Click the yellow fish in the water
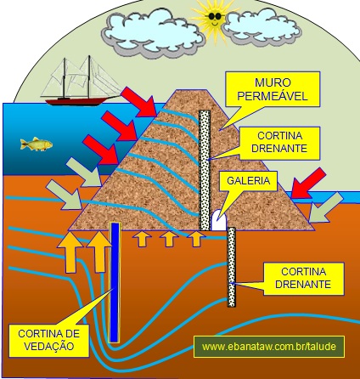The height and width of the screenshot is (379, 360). pos(37,144)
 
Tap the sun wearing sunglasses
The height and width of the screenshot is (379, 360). pos(215,20)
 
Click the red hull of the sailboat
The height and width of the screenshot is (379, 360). pos(76,101)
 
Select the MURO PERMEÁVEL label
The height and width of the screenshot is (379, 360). pos(273,89)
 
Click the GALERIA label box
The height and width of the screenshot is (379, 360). pos(249,181)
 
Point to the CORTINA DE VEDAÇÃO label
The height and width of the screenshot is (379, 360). pos(48,340)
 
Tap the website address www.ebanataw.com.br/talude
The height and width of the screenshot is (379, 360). pos(269,347)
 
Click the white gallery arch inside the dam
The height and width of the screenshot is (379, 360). pos(219,220)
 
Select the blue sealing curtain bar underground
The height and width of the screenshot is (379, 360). pos(115,282)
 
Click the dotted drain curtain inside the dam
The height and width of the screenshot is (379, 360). pos(205,170)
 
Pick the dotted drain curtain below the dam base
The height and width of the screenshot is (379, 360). pos(232,267)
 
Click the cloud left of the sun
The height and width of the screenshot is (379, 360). pos(153,32)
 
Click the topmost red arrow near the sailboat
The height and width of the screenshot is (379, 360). pos(139,102)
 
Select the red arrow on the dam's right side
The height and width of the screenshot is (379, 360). pos(307,184)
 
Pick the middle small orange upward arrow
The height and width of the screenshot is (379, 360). pos(169,239)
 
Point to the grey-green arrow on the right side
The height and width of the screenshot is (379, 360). pos(326,207)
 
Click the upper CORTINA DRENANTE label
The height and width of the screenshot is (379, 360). pos(279,143)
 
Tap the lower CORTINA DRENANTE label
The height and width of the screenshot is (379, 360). pos(303,278)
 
